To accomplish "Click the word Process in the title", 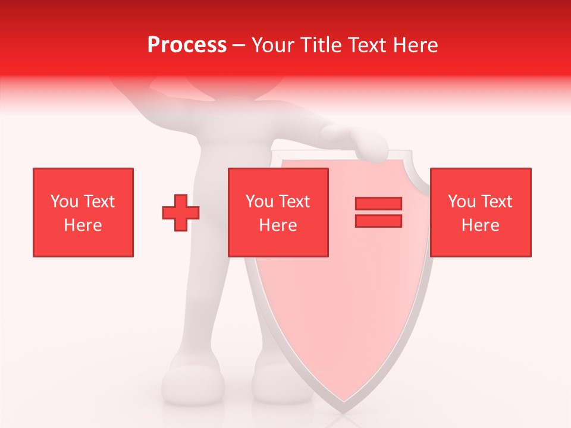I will coord(187,45).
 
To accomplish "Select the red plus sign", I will coord(181,213).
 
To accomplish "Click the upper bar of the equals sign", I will coord(378,203).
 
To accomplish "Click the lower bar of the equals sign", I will coord(378,221).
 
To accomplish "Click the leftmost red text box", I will coord(83,212).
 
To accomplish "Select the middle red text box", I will coord(278,212).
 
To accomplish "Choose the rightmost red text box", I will coord(481,212).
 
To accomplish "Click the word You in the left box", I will coord(64,202).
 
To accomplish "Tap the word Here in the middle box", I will coord(278,225).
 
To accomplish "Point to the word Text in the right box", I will coord(497,202).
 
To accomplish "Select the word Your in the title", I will coord(273,45).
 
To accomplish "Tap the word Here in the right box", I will coord(481,225).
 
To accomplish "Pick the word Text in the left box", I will coord(99,202).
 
